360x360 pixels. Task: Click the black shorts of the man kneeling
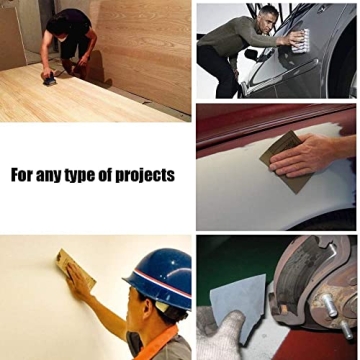coord(74,45)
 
